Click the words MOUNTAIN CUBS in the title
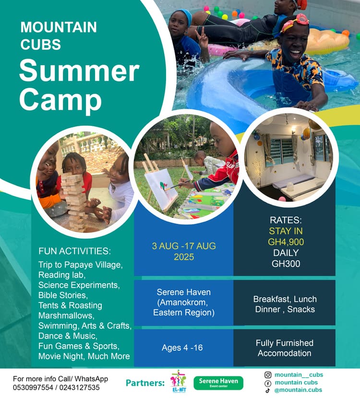(x=59, y=35)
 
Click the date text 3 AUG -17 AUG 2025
(x=183, y=251)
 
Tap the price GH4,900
(x=286, y=241)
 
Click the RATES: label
(x=286, y=220)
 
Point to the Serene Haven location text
(x=183, y=302)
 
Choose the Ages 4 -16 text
(x=183, y=348)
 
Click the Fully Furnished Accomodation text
(x=284, y=348)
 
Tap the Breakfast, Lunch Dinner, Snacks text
(x=285, y=304)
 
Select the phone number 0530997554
(x=30, y=387)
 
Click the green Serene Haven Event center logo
(x=218, y=383)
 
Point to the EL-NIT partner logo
(x=178, y=381)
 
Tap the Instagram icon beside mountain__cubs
(x=268, y=374)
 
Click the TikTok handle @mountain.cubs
(x=298, y=390)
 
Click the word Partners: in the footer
(x=145, y=383)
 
